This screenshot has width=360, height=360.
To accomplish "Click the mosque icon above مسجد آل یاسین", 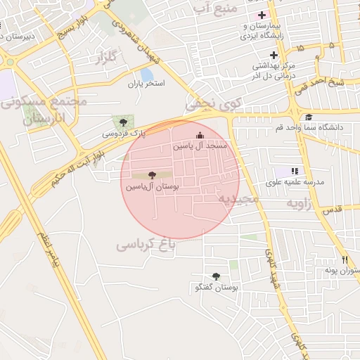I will (x=200, y=135).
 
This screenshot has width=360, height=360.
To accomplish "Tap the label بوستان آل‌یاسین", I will (x=152, y=188).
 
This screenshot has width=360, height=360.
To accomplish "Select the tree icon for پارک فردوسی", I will (x=124, y=122).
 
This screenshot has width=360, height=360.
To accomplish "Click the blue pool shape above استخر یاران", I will (x=147, y=73).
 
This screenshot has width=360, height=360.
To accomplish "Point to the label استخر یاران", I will (x=146, y=84).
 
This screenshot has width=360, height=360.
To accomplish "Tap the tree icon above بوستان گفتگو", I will (x=216, y=277).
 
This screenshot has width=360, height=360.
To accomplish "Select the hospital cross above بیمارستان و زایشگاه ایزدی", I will (x=262, y=15).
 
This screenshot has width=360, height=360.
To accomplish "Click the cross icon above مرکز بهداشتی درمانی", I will (x=274, y=55).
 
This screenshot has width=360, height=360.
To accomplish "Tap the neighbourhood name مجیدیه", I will (x=238, y=199).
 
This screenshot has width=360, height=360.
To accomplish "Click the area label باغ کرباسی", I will (x=148, y=244).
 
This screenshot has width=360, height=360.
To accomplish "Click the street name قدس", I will (x=331, y=210).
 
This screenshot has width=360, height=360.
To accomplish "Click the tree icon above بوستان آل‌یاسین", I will (x=152, y=175).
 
